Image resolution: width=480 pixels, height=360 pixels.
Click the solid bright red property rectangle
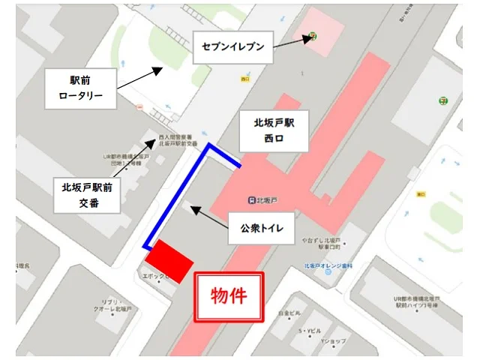(169, 262)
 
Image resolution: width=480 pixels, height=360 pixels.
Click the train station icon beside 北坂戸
(252, 199)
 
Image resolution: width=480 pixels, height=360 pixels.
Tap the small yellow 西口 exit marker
(245, 78)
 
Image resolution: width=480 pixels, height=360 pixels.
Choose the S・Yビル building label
(309, 330)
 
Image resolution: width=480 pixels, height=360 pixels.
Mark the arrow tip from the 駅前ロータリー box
(161, 67)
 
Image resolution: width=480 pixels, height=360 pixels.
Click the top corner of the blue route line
(209, 147)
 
